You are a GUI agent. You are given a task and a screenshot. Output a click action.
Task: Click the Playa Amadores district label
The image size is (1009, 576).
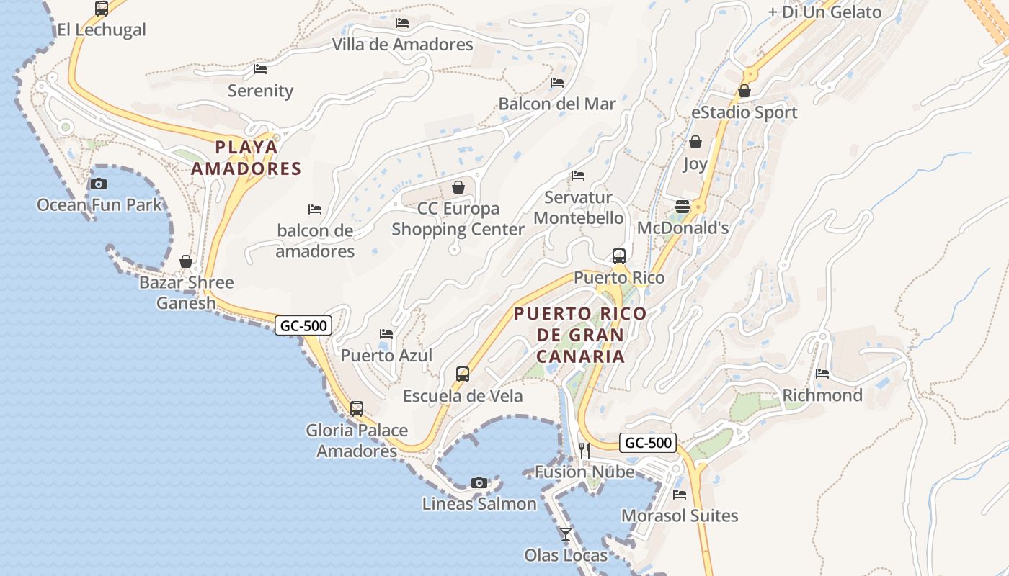257,158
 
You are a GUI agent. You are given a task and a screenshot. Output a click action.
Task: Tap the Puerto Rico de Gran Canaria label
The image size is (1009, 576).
580,335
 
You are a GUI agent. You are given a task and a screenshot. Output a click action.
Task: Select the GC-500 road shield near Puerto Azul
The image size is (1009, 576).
303,325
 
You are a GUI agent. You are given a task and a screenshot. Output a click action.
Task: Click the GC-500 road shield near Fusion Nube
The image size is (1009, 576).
648,443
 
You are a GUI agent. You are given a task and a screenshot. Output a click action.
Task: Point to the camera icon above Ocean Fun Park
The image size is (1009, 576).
99,184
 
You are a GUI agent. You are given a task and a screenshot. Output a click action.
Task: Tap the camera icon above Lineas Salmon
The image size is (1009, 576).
479,482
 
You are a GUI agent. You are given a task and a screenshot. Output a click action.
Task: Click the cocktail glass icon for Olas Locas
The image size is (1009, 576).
566,534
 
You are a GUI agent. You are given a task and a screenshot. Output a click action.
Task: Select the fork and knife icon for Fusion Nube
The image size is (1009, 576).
584,451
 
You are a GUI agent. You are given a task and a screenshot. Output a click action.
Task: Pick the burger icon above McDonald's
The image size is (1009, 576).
683,207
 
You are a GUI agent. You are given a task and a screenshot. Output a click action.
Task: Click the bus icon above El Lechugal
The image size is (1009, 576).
101,9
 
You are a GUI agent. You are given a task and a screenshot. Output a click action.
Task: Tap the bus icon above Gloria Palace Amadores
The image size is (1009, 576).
357,409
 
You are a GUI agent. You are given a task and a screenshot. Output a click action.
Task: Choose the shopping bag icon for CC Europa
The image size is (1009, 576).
458,187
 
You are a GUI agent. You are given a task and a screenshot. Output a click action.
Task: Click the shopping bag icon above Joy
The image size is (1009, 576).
695,142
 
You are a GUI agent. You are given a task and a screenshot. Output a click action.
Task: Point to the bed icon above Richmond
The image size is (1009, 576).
822,374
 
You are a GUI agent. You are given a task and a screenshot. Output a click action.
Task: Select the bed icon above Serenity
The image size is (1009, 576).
260,69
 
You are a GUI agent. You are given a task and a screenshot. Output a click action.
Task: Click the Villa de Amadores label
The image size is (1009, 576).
402,45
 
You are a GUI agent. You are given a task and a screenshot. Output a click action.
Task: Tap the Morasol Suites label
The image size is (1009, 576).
680,516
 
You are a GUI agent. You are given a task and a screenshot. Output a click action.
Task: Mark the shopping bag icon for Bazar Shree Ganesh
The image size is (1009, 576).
186,261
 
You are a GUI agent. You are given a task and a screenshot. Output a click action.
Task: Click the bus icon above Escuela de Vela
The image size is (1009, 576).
463,374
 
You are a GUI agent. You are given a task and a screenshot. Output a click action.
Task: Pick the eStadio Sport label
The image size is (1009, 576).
744,112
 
